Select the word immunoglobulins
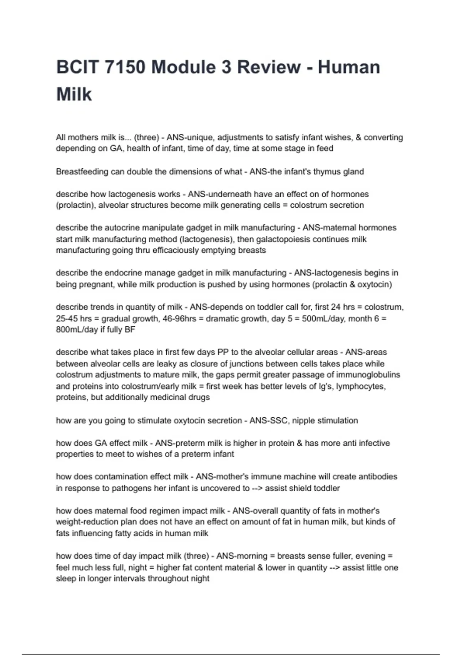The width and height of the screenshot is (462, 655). [368, 375]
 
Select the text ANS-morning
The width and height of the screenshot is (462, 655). [241, 556]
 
